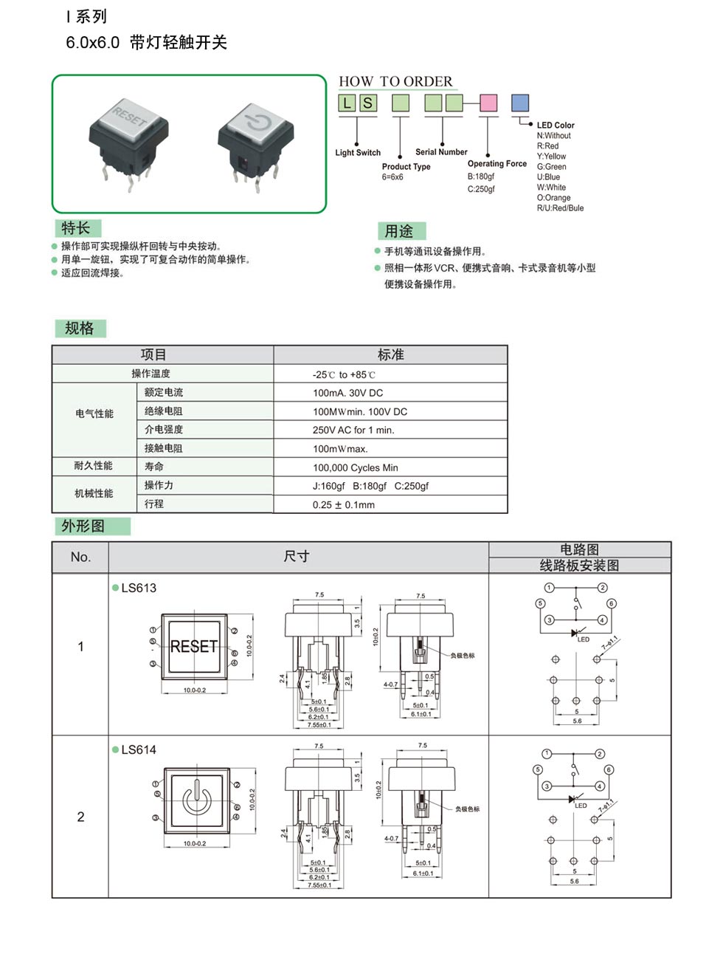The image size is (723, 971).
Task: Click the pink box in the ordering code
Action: tap(488, 103)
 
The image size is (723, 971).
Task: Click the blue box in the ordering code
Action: tap(520, 103)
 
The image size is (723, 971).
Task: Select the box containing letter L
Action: tap(347, 103)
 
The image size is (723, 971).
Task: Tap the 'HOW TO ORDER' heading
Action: tap(395, 81)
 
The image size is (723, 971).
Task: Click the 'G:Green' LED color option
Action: tap(551, 167)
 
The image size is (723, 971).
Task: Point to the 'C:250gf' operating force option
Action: tap(481, 189)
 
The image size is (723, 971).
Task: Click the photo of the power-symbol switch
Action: tap(252, 143)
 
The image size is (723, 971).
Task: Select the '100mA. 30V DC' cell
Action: tap(347, 393)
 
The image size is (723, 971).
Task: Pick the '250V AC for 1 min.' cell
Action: tap(353, 430)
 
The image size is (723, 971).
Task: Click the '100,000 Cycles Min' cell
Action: tap(355, 467)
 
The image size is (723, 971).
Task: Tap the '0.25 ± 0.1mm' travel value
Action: tap(343, 505)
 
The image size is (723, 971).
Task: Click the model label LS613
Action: tap(139, 588)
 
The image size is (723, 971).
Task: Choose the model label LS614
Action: tap(139, 749)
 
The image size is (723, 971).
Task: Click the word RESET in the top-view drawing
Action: tap(194, 647)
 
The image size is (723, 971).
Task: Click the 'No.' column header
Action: tap(80, 557)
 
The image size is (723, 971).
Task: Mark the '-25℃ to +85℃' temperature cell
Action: tap(344, 374)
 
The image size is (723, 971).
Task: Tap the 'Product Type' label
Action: tap(406, 167)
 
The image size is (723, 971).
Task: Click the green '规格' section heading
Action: tap(80, 329)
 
